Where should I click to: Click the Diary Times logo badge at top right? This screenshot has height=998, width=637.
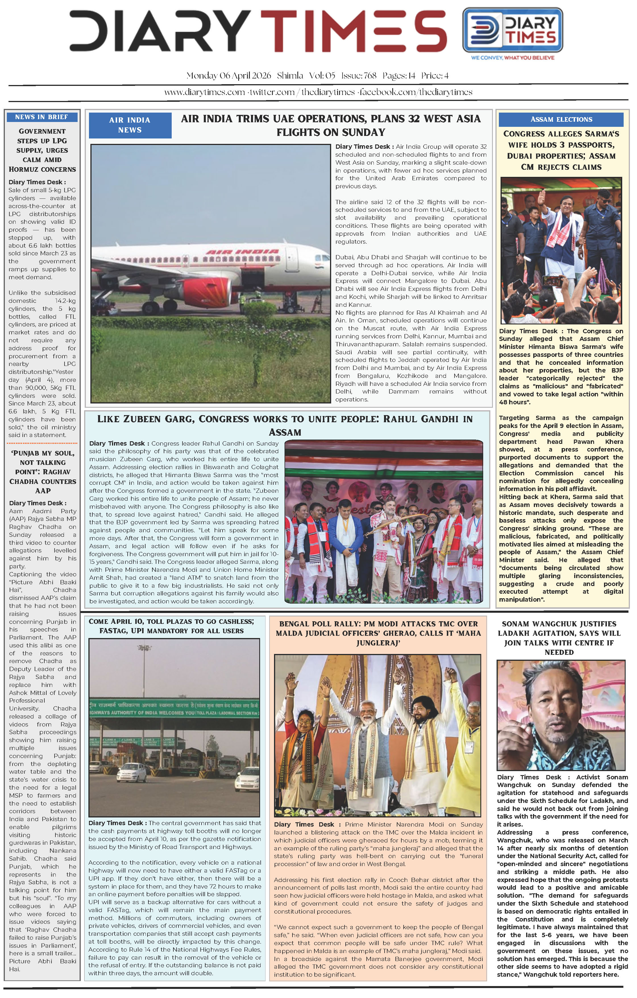click(512, 30)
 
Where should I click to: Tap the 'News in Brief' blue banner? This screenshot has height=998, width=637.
click(42, 117)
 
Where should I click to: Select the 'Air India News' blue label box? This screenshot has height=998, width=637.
click(130, 125)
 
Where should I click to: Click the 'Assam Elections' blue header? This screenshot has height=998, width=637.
click(561, 119)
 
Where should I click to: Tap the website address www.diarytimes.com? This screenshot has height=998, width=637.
click(204, 92)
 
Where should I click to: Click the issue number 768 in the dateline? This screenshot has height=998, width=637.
click(369, 75)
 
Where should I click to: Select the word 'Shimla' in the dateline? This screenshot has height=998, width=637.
click(290, 75)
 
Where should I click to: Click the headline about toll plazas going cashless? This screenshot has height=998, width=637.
click(171, 626)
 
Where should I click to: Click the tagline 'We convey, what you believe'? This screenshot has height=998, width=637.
click(512, 58)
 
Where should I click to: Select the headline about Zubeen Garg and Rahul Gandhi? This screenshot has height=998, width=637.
click(285, 425)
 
